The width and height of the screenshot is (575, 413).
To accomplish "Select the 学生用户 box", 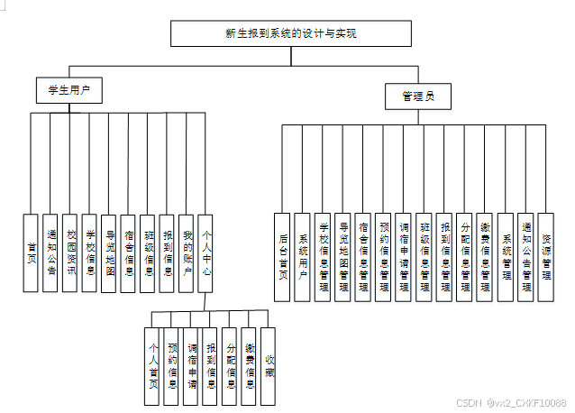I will (68, 90).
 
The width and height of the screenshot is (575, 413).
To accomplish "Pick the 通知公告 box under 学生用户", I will (50, 252).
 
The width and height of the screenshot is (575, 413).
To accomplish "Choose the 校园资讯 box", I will (70, 252).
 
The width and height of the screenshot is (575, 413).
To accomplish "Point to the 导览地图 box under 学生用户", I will (108, 252).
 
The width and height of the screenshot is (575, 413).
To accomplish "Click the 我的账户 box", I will (186, 252).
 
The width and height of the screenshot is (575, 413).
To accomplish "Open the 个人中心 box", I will (205, 252).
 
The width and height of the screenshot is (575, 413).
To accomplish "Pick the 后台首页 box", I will (283, 257).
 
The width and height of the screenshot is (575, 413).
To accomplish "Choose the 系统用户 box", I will (303, 257).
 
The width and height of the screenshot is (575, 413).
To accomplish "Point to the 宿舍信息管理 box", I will (363, 257).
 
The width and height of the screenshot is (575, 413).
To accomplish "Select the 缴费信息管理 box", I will (485, 257).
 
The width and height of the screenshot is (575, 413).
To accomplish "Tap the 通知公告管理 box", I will (525, 257).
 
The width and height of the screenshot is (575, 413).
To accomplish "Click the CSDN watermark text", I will (510, 403).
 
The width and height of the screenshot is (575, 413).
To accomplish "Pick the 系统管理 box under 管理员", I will (505, 257).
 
